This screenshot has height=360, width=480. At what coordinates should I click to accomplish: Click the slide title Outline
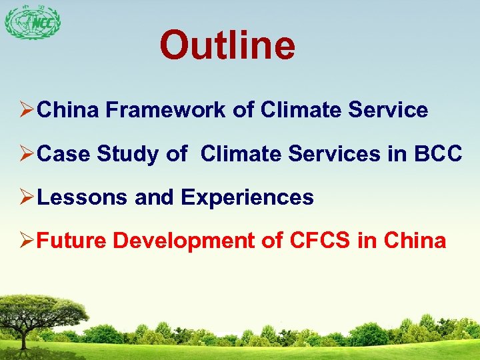tap(227, 45)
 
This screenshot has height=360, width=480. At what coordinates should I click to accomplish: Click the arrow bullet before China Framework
tap(27, 111)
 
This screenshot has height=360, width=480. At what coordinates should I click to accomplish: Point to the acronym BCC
tap(437, 154)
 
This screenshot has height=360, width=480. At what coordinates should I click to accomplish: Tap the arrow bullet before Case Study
tap(27, 154)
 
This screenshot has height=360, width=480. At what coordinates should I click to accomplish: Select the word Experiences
tap(247, 197)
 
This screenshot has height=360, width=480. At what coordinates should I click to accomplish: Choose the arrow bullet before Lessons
tap(27, 197)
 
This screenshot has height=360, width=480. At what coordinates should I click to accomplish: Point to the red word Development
tap(184, 241)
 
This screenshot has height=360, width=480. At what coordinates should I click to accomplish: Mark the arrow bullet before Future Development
tap(27, 241)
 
